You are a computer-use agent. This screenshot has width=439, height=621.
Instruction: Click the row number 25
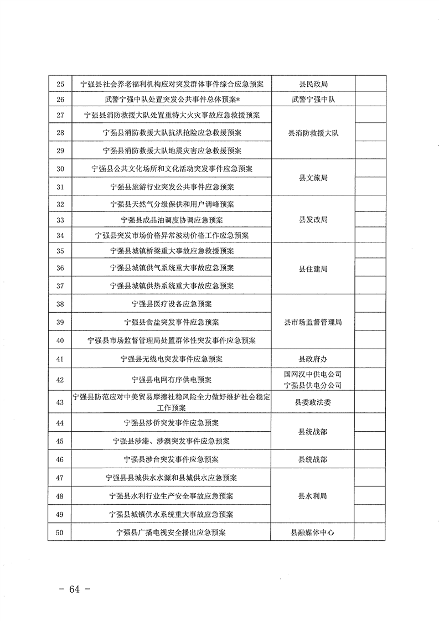tap(60, 84)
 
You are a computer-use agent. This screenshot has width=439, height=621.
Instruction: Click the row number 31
tap(60, 187)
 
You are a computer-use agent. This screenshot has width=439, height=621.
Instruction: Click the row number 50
tap(60, 532)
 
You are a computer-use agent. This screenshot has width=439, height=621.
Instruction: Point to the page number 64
tap(74, 589)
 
